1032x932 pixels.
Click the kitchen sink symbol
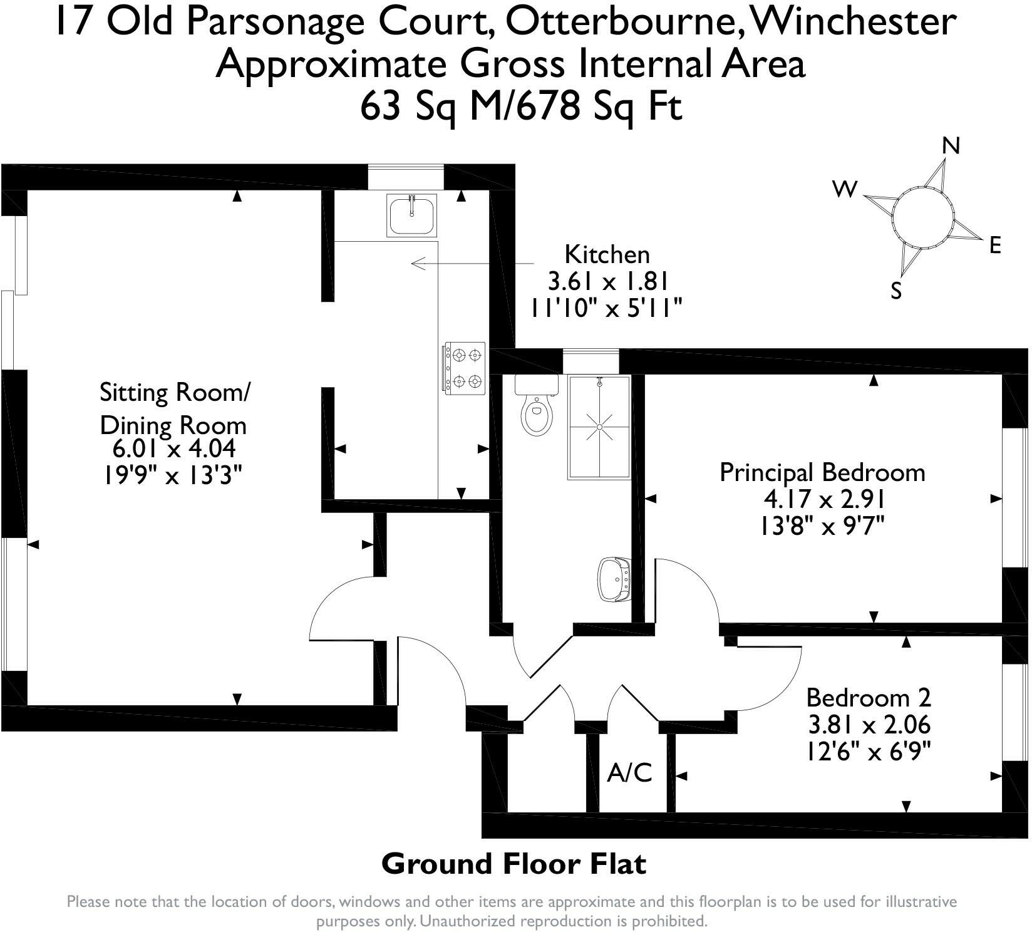[x=412, y=215]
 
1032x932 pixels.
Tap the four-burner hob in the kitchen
[x=465, y=368]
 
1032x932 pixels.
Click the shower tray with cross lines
[x=599, y=428]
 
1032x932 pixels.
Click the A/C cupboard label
[x=629, y=773]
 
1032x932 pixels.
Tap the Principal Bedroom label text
[x=822, y=472]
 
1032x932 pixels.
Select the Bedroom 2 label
[x=869, y=697]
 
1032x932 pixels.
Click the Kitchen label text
[x=607, y=254]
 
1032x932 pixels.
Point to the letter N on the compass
[x=951, y=146]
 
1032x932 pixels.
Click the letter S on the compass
[x=896, y=291]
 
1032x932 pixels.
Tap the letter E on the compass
[x=996, y=246]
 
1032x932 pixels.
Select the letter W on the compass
[x=844, y=189]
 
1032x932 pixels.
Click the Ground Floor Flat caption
[x=513, y=864]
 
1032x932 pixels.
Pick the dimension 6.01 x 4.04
[x=173, y=449]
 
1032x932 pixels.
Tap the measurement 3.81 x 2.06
[x=869, y=725]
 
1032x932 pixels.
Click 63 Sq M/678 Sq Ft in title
[x=520, y=107]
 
